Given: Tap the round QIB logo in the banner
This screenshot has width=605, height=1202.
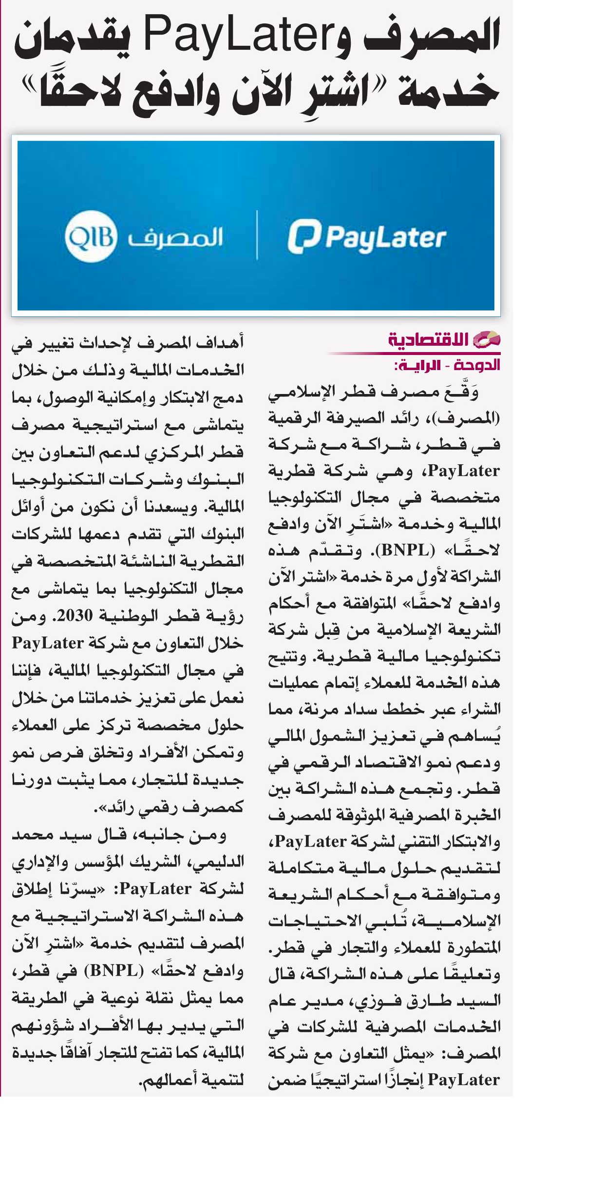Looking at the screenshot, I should coord(91,237).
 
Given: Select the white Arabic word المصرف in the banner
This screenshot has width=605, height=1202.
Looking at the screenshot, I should coord(175,237).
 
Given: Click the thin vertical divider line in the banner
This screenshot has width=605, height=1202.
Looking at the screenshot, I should coord(257,235).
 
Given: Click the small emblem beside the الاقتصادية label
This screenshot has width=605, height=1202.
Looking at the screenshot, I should coord(487,339).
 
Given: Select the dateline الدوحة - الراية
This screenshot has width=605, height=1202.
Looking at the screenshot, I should coord(447,365).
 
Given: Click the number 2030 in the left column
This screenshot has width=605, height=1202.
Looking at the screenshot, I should coord(75,616).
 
